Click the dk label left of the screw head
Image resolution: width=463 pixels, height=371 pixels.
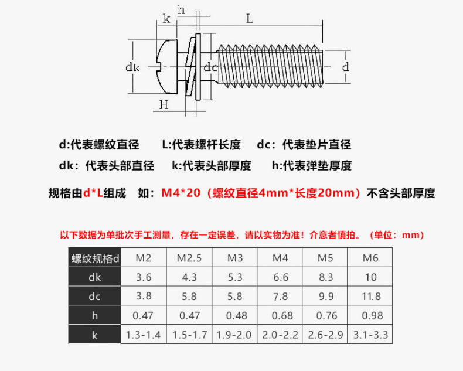(132, 67)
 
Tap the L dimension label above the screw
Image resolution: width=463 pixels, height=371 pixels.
(250, 19)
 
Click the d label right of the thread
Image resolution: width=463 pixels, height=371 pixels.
(346, 67)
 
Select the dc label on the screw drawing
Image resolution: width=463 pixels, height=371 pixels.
(211, 67)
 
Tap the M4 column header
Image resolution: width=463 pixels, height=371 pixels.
(281, 258)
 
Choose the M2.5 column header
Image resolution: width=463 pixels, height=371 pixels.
(189, 258)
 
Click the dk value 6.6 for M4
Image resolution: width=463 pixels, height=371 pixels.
(281, 277)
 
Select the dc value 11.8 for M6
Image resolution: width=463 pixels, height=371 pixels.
(371, 297)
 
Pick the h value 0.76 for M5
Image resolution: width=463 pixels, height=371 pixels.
(326, 316)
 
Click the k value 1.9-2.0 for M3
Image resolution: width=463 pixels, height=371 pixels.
(235, 335)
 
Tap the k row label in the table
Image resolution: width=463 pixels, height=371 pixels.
(94, 335)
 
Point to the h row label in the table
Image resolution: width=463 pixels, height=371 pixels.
(94, 316)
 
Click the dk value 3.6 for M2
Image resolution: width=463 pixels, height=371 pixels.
(144, 277)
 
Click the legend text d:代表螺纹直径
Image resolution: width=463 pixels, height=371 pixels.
(98, 145)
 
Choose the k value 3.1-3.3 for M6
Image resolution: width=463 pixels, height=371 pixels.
(371, 335)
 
